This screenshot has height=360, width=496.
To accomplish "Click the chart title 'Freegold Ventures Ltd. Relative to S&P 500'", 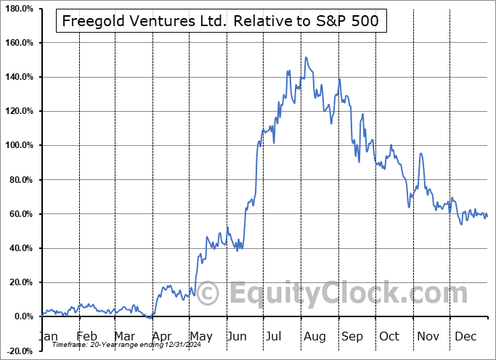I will (221, 21).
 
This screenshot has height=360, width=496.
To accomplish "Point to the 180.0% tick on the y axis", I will (19, 9).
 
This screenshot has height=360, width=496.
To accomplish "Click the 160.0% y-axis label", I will (19, 43).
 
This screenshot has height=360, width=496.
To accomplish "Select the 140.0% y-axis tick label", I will (19, 77).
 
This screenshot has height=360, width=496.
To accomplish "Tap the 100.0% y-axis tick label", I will (19, 145).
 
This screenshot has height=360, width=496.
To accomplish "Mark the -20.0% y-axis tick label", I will (20, 351).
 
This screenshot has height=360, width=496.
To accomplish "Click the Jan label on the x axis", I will (48, 337).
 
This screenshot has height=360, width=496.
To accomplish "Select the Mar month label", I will (125, 337).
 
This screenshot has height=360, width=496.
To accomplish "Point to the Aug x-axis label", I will (315, 337).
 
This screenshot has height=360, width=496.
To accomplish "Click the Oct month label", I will (391, 337).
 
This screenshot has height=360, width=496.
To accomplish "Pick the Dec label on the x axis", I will (466, 337).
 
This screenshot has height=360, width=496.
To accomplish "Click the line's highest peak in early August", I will (306, 57).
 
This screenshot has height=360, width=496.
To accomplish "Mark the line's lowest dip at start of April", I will (150, 318).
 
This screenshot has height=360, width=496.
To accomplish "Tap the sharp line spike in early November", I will (420, 153).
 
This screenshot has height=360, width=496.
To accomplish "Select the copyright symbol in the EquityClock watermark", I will (208, 294).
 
